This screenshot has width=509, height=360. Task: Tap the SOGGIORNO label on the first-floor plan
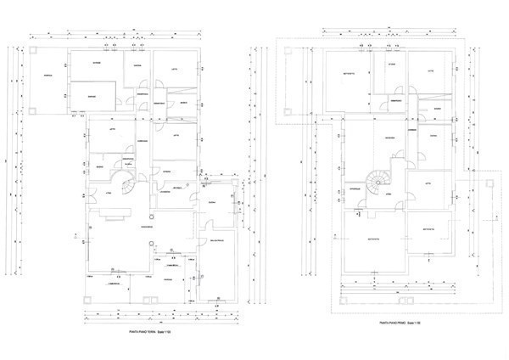tap(389, 138)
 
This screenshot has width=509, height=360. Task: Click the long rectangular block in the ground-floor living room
tap(113, 219)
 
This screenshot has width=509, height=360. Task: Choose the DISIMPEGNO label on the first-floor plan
tap(407, 101)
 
